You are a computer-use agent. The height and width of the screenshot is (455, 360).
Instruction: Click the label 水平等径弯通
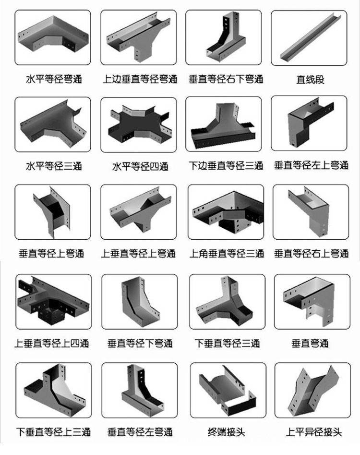54,79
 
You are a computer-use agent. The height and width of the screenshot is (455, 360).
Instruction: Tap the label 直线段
310,79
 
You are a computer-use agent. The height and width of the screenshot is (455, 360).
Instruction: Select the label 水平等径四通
140,166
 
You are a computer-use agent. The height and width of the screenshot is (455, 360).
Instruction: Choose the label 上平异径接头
314,432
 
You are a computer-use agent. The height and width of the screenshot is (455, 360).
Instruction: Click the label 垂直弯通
310,344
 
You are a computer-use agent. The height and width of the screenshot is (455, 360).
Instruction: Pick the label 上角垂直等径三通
227,254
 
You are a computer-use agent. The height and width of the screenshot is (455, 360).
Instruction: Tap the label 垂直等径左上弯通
312,165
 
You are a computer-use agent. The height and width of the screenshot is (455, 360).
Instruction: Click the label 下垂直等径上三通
53,432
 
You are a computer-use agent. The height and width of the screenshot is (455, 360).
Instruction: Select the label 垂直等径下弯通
140,344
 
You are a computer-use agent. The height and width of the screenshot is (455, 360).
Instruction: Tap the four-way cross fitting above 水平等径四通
138,125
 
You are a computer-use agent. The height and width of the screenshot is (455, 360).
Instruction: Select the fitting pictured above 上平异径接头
313,390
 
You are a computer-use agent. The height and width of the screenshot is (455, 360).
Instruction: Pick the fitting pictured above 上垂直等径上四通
53,302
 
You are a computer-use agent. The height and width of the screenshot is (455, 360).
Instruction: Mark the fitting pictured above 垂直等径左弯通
142,390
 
